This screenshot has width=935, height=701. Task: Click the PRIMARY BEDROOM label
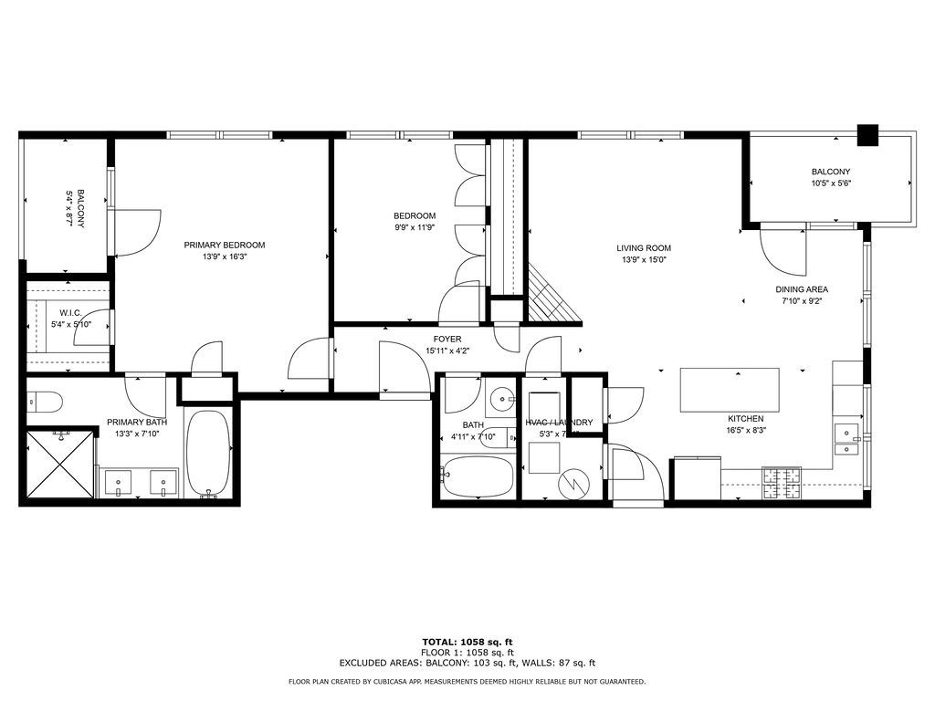point(224,245)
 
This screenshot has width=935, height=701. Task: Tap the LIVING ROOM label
point(643,247)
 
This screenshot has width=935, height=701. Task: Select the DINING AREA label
point(802,289)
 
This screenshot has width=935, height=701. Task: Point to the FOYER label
point(447,339)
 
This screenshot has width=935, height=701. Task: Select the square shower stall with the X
point(59,464)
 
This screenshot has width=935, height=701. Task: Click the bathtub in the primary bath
point(208,453)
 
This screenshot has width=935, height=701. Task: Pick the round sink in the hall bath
point(500,400)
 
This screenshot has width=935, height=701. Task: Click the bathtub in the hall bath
point(477,476)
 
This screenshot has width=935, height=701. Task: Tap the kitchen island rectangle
point(730,390)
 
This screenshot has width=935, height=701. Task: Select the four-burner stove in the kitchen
point(782,482)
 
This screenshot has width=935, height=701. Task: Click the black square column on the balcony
point(867,134)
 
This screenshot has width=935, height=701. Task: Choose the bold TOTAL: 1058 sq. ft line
point(467,642)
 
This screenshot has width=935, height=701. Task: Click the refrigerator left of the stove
point(696,480)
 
